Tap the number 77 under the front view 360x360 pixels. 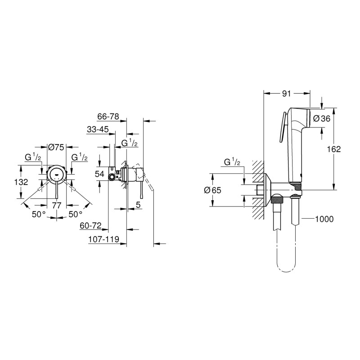tap(57, 205)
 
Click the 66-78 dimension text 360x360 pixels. tap(108, 116)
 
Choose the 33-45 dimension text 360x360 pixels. tap(98, 130)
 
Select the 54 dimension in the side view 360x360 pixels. tap(100, 174)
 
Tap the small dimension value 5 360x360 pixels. tap(139, 205)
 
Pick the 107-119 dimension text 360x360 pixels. tap(104, 241)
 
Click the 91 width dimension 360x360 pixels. tap(286, 94)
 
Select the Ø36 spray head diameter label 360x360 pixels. tap(322, 118)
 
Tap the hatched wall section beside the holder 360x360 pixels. tap(257, 189)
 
